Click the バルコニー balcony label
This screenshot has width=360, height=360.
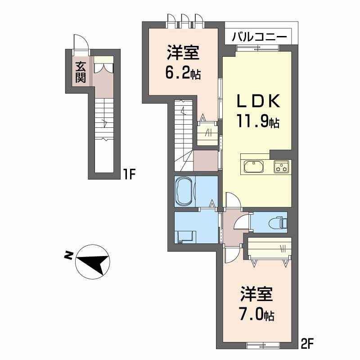tap(259, 37)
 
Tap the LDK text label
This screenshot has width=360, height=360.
tap(258, 101)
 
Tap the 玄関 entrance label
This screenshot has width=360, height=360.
tap(81, 72)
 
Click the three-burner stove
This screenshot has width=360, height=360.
tap(282, 166)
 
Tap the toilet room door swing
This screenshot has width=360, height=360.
tap(242, 221)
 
